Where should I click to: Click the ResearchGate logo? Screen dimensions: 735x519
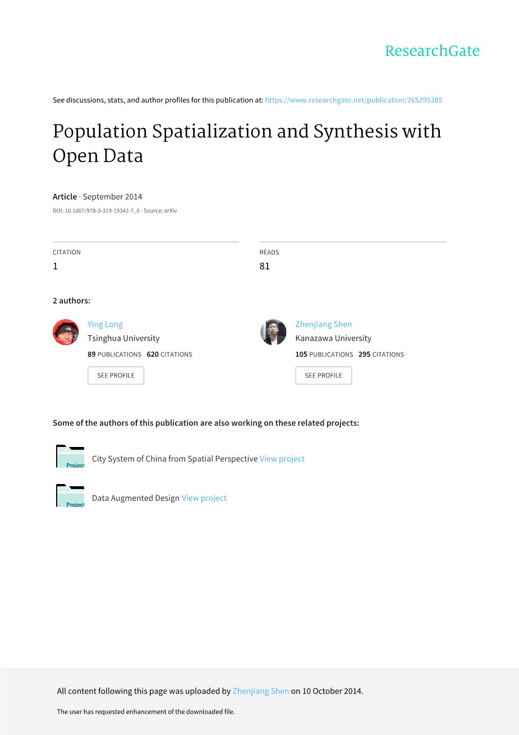(x=432, y=51)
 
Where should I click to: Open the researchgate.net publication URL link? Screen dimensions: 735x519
(x=353, y=100)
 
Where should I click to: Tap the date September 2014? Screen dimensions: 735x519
(x=112, y=197)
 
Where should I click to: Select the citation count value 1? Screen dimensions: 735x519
(x=55, y=266)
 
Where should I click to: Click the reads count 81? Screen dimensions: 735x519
(x=264, y=266)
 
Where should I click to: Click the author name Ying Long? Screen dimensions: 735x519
(x=105, y=324)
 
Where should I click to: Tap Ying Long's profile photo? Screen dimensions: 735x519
(x=66, y=332)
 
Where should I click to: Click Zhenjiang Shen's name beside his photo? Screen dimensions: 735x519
(x=323, y=324)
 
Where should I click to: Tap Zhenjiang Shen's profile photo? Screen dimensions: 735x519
(x=273, y=332)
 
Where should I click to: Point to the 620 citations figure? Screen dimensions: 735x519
(x=153, y=354)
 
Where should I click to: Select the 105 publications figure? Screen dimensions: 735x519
(x=302, y=354)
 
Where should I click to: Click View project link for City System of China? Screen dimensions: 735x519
(x=282, y=459)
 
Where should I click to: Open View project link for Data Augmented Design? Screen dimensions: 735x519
(x=204, y=498)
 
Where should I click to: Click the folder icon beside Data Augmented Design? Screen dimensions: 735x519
(x=70, y=496)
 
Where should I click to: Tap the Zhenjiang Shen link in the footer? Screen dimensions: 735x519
(x=260, y=691)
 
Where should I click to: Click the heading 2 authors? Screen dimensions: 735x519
(x=71, y=301)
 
